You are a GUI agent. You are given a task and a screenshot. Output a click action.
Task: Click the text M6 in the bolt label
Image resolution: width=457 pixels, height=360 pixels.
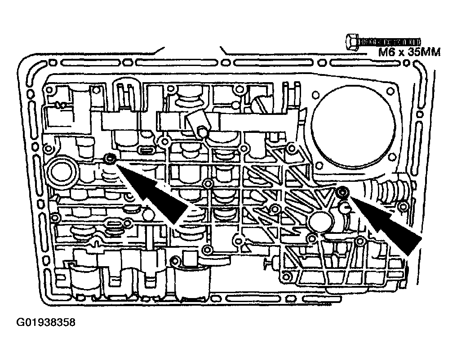[386, 53]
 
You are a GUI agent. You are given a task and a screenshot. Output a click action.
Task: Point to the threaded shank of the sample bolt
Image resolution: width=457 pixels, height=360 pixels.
[390, 42]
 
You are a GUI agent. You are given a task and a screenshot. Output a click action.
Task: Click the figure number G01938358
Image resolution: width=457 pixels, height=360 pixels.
[45, 322]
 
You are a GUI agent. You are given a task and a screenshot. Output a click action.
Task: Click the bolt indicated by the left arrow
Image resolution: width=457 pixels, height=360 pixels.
[110, 158]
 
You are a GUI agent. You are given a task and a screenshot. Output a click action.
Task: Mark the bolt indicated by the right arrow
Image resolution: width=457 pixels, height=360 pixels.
[342, 192]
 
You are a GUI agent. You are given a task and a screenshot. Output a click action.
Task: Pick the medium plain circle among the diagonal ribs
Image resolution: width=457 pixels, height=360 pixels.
[320, 222]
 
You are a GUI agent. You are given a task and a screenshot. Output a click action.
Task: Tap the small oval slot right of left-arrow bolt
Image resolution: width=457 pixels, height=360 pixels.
[146, 151]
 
